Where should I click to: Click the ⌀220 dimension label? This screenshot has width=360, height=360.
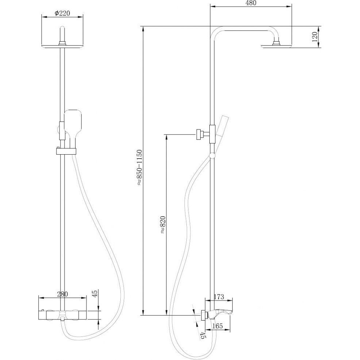pos(62,13)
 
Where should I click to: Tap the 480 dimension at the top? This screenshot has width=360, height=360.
pos(251,3)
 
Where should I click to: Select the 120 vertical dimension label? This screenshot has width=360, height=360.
pos(315,36)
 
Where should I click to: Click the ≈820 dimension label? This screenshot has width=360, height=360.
pos(163,225)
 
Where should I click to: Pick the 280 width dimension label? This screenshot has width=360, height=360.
pos(62,294)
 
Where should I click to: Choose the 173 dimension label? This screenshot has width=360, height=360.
pos(218,297)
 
